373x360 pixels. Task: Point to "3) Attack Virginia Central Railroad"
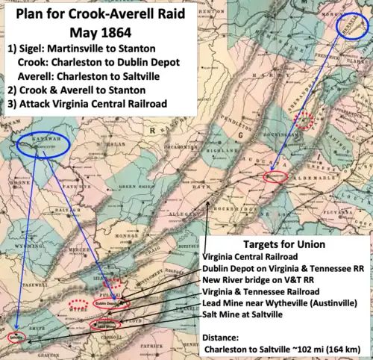[x=86, y=102]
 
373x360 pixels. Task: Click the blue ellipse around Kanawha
[x=43, y=146]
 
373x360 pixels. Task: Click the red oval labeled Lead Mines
[x=103, y=326]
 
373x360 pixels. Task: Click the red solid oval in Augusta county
[x=275, y=177]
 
